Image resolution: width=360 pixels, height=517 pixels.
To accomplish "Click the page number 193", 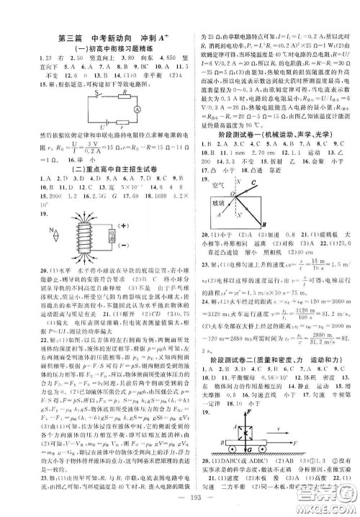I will click(179, 502).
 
